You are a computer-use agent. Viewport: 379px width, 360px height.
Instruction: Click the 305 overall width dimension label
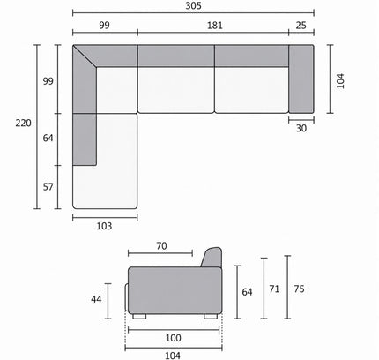(x=193, y=6)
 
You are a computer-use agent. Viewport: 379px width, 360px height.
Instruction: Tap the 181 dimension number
(x=215, y=26)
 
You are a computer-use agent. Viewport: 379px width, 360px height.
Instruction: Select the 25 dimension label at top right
(x=301, y=26)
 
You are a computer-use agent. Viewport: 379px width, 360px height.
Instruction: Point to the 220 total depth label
(x=23, y=123)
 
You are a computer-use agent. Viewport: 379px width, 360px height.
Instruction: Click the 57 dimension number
(x=48, y=187)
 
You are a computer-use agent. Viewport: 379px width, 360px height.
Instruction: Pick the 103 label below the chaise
(x=104, y=226)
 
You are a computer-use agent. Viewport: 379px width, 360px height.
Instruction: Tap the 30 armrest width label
(x=301, y=128)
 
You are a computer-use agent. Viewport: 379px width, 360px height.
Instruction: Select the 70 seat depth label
(x=161, y=246)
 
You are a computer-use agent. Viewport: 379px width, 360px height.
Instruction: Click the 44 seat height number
(x=96, y=299)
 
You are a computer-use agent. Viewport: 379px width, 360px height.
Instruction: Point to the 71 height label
(x=274, y=289)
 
